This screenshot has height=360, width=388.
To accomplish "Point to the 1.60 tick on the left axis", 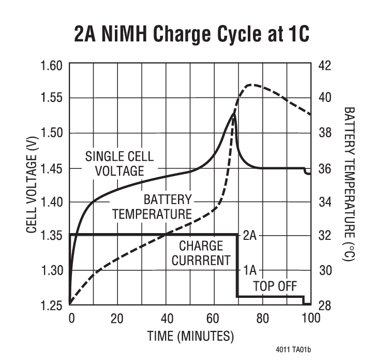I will tap(51, 66).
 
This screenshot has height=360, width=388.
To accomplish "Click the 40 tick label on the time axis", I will tap(166, 318).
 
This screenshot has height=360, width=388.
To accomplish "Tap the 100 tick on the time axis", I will tap(310, 318).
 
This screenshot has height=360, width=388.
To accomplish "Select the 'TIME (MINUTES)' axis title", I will tap(190, 336).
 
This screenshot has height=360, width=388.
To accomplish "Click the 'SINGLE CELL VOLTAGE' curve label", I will tap(119, 163).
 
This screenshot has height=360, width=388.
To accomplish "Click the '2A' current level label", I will tap(249, 236).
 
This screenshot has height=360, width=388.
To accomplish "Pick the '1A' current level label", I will tap(249, 270).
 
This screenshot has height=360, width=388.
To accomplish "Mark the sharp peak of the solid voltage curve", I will tap(233, 114).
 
